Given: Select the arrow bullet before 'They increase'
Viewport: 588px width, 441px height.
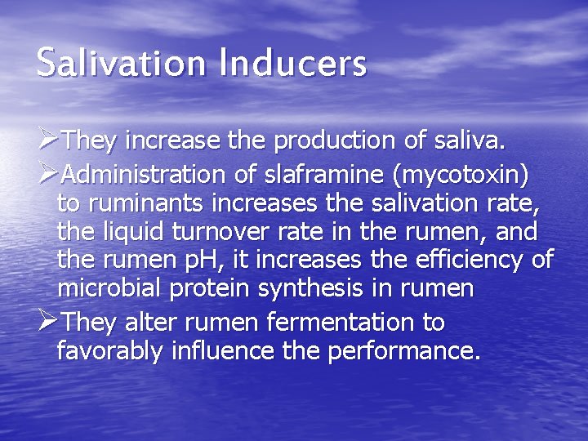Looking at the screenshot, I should tap(48, 141).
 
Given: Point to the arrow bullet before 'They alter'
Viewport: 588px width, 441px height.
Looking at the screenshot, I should tap(48, 322).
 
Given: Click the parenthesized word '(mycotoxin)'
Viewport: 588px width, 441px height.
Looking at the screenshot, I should tap(460, 174).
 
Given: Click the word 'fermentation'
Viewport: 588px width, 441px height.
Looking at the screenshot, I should tap(338, 322).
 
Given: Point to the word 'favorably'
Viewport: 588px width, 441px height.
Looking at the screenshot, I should tap(111, 352).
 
